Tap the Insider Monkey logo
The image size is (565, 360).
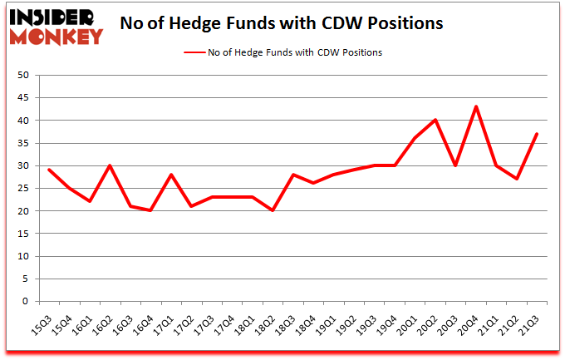[x=56, y=24]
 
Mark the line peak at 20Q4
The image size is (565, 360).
[x=476, y=107]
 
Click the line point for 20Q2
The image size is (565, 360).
[x=435, y=121]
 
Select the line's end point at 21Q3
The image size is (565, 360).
[x=537, y=134]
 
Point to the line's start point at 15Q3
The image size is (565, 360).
[x=49, y=170]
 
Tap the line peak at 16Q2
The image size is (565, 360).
[x=110, y=165]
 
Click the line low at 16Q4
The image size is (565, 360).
[x=150, y=211]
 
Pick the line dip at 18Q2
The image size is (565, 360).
[x=273, y=211]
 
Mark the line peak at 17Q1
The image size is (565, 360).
[x=171, y=175]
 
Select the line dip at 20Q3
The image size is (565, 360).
[x=455, y=165]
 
